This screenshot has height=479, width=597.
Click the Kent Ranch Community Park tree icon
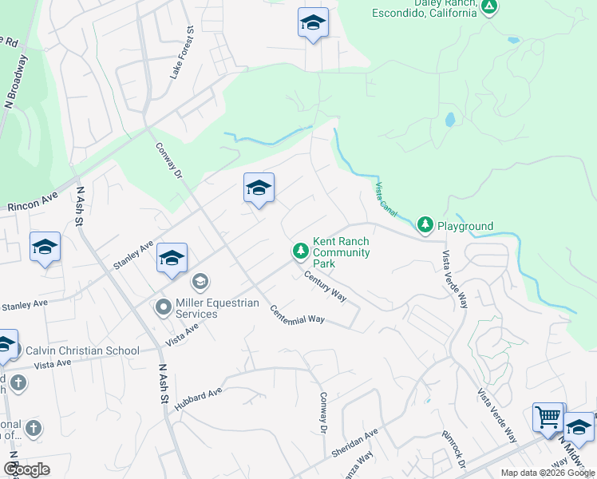(x=300, y=251)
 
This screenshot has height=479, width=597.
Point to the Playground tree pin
(x=425, y=226)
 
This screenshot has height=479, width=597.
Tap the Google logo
(x=26, y=469)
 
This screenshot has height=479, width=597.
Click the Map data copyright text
(x=547, y=473)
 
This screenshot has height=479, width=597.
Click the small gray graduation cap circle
(x=200, y=281)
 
